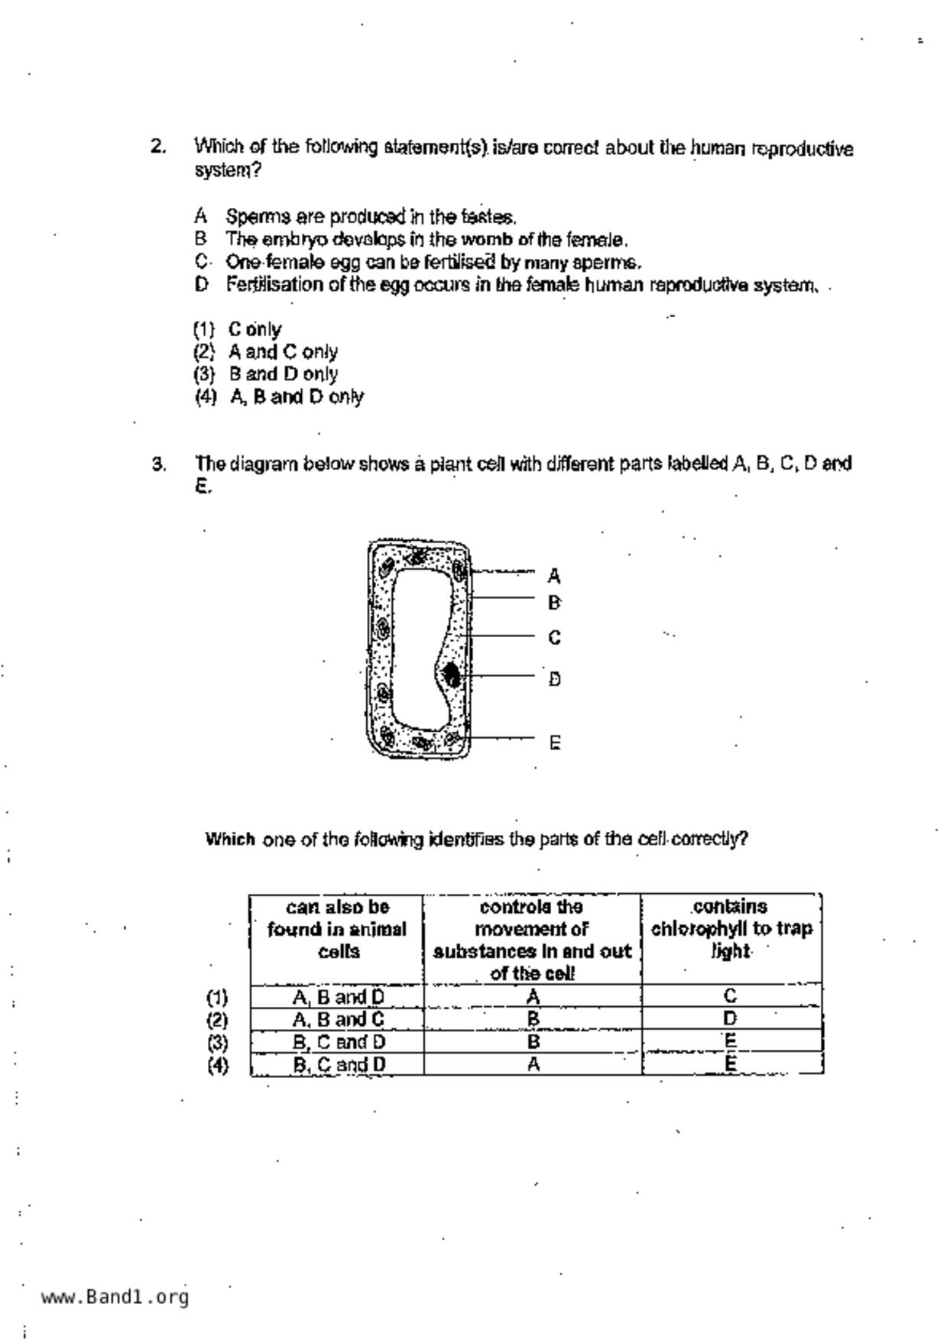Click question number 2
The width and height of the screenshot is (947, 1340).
click(157, 147)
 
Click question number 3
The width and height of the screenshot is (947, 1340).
click(157, 464)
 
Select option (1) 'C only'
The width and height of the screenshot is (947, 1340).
click(237, 329)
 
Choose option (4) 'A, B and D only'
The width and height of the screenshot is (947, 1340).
click(278, 396)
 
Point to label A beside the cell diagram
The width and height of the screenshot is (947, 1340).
click(554, 575)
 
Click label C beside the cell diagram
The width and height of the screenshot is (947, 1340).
click(554, 637)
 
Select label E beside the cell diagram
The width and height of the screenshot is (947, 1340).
click(555, 742)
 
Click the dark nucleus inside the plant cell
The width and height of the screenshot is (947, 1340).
click(451, 675)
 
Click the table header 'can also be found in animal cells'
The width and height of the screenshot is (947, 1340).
click(337, 929)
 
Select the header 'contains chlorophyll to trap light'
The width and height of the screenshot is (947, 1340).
click(731, 928)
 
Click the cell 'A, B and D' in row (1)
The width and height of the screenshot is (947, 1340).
click(338, 997)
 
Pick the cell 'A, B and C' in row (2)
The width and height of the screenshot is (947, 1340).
click(338, 1020)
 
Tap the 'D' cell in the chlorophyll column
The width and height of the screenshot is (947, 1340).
click(731, 1018)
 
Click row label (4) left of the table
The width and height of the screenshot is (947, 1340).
click(218, 1065)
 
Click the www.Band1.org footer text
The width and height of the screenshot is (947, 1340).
click(115, 1296)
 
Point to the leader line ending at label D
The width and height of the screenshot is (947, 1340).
click(501, 675)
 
